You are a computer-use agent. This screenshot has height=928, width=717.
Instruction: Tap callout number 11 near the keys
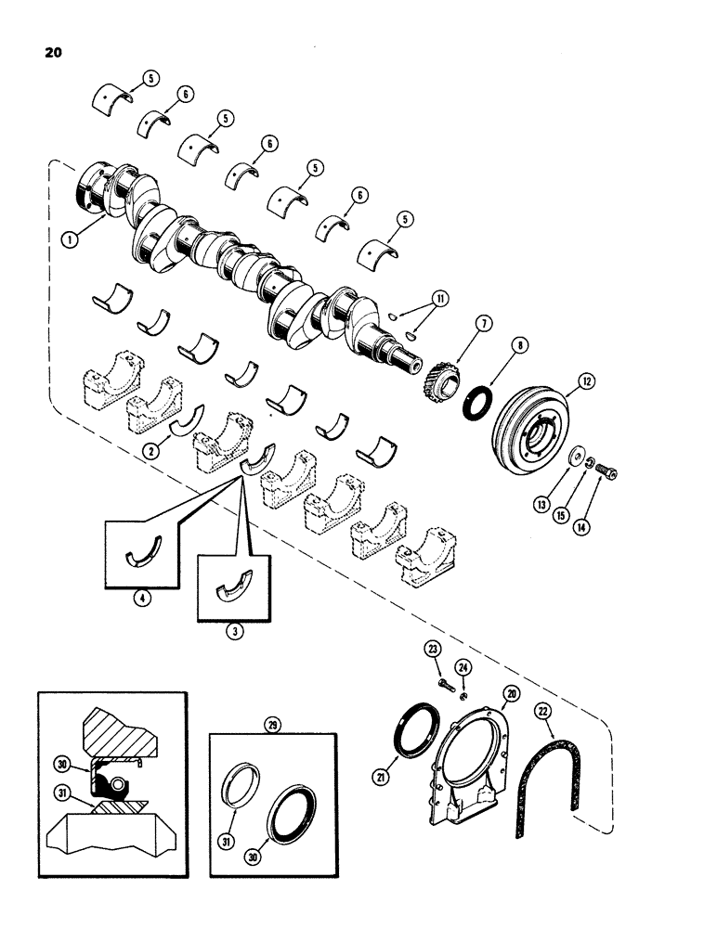(x=438, y=299)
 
